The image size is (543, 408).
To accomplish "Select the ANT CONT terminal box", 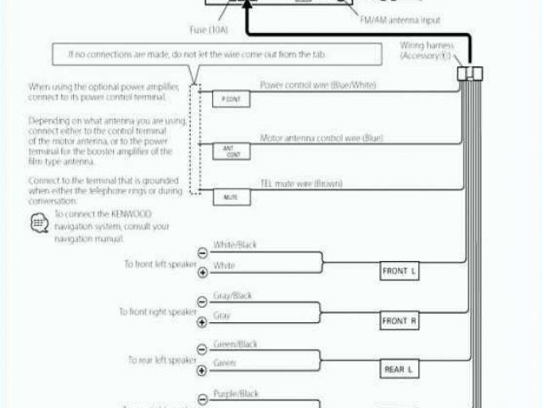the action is tap(230, 152).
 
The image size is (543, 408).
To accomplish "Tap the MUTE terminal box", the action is tap(230, 196).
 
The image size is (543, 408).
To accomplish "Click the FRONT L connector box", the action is tap(400, 272).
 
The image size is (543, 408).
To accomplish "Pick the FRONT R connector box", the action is tap(400, 321).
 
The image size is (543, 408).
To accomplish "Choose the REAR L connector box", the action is tap(400, 369).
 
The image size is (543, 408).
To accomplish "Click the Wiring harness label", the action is tap(428, 48).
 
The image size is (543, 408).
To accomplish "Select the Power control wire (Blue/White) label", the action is tap(318, 86).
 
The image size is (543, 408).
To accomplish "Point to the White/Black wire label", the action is tap(234, 246).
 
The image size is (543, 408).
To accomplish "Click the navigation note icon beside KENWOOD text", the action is tap(38, 224).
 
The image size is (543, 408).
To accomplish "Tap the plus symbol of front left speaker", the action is tap(202, 273).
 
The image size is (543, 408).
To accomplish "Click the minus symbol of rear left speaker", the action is tap(202, 348).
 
